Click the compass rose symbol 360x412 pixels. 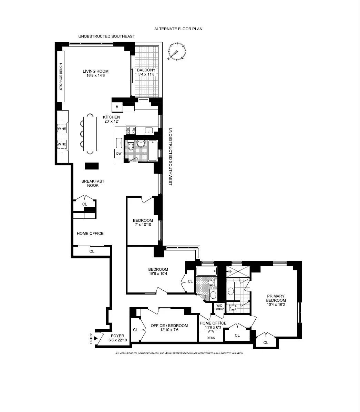pyautogui.click(x=177, y=52)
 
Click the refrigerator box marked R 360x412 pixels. pyautogui.click(x=117, y=107)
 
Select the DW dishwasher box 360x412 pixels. pyautogui.click(x=119, y=154)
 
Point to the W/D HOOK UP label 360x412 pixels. pyautogui.click(x=219, y=307)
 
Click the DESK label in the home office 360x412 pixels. pyautogui.click(x=210, y=338)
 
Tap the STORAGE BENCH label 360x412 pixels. pyautogui.click(x=61, y=76)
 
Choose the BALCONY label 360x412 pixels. pyautogui.click(x=146, y=70)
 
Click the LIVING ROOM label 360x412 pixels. pyautogui.click(x=95, y=71)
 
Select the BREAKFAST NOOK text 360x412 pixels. pyautogui.click(x=93, y=183)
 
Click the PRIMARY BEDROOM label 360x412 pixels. pyautogui.click(x=276, y=298)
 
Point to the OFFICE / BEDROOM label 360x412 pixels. pyautogui.click(x=169, y=326)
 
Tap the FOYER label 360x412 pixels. pyautogui.click(x=117, y=336)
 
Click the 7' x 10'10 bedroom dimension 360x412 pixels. pyautogui.click(x=143, y=225)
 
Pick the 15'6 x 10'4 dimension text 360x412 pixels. pyautogui.click(x=158, y=274)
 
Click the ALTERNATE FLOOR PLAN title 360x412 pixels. pyautogui.click(x=178, y=29)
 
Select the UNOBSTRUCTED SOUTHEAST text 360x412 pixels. pyautogui.click(x=106, y=36)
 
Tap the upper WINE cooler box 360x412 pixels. pyautogui.click(x=62, y=129)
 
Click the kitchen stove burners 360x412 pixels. pyautogui.click(x=131, y=130)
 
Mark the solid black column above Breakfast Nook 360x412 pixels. pyautogui.click(x=92, y=166)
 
